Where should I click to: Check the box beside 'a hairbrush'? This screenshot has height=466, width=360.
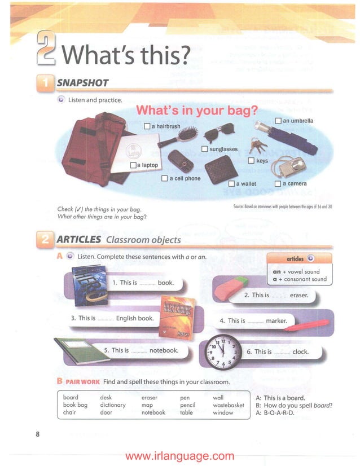147,126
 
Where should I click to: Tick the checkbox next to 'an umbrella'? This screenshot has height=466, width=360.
278,121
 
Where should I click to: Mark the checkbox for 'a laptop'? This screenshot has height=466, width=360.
133,165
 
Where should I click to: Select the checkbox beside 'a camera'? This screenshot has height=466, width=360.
278,183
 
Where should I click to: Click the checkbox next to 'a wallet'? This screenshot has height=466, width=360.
231,183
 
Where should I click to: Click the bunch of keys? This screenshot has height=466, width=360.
258,146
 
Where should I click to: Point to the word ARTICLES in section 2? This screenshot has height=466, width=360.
79,239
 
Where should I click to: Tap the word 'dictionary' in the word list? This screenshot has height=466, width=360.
113,405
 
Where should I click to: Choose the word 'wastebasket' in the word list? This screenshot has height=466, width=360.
228,405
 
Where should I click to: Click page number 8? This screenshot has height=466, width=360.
37,434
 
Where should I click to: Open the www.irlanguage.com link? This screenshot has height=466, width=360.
179,456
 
